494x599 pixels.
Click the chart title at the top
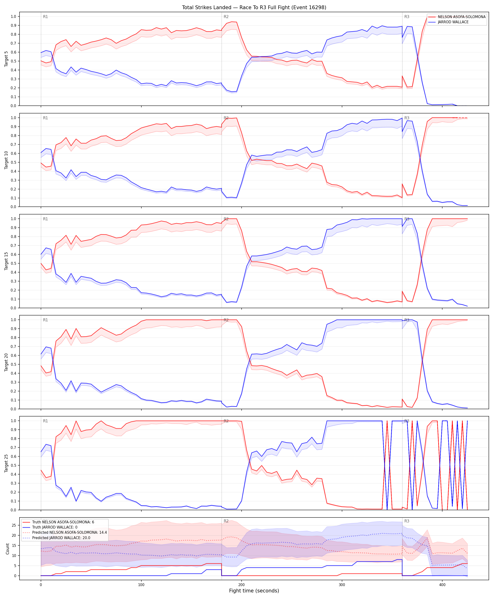(x=254, y=7)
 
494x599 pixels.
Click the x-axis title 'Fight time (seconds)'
(x=254, y=591)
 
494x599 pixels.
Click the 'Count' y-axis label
(x=7, y=549)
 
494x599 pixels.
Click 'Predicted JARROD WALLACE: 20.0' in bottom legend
(x=61, y=538)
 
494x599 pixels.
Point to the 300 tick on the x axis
(x=342, y=582)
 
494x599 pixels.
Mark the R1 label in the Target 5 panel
(x=46, y=17)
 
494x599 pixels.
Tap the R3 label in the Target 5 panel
(x=407, y=17)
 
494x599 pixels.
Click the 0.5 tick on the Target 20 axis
(x=13, y=364)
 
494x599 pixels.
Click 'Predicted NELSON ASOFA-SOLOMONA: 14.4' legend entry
(x=69, y=532)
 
